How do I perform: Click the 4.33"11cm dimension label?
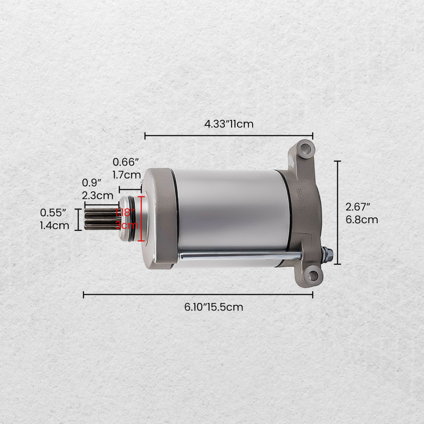(x=229, y=124)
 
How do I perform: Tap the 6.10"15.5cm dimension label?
(x=214, y=307)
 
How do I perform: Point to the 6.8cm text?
(x=361, y=220)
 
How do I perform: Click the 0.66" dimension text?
(x=126, y=162)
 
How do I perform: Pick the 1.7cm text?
(x=126, y=174)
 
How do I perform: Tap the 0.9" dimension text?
(x=92, y=183)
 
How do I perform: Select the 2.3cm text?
(x=98, y=195)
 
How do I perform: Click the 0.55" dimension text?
(x=53, y=212)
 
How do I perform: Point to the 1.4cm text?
(x=54, y=225)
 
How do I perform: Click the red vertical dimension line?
(x=141, y=219)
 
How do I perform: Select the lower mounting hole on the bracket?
(x=313, y=276)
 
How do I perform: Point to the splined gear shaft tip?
(x=98, y=219)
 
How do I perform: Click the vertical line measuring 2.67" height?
(x=338, y=212)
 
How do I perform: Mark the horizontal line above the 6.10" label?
(x=198, y=294)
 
